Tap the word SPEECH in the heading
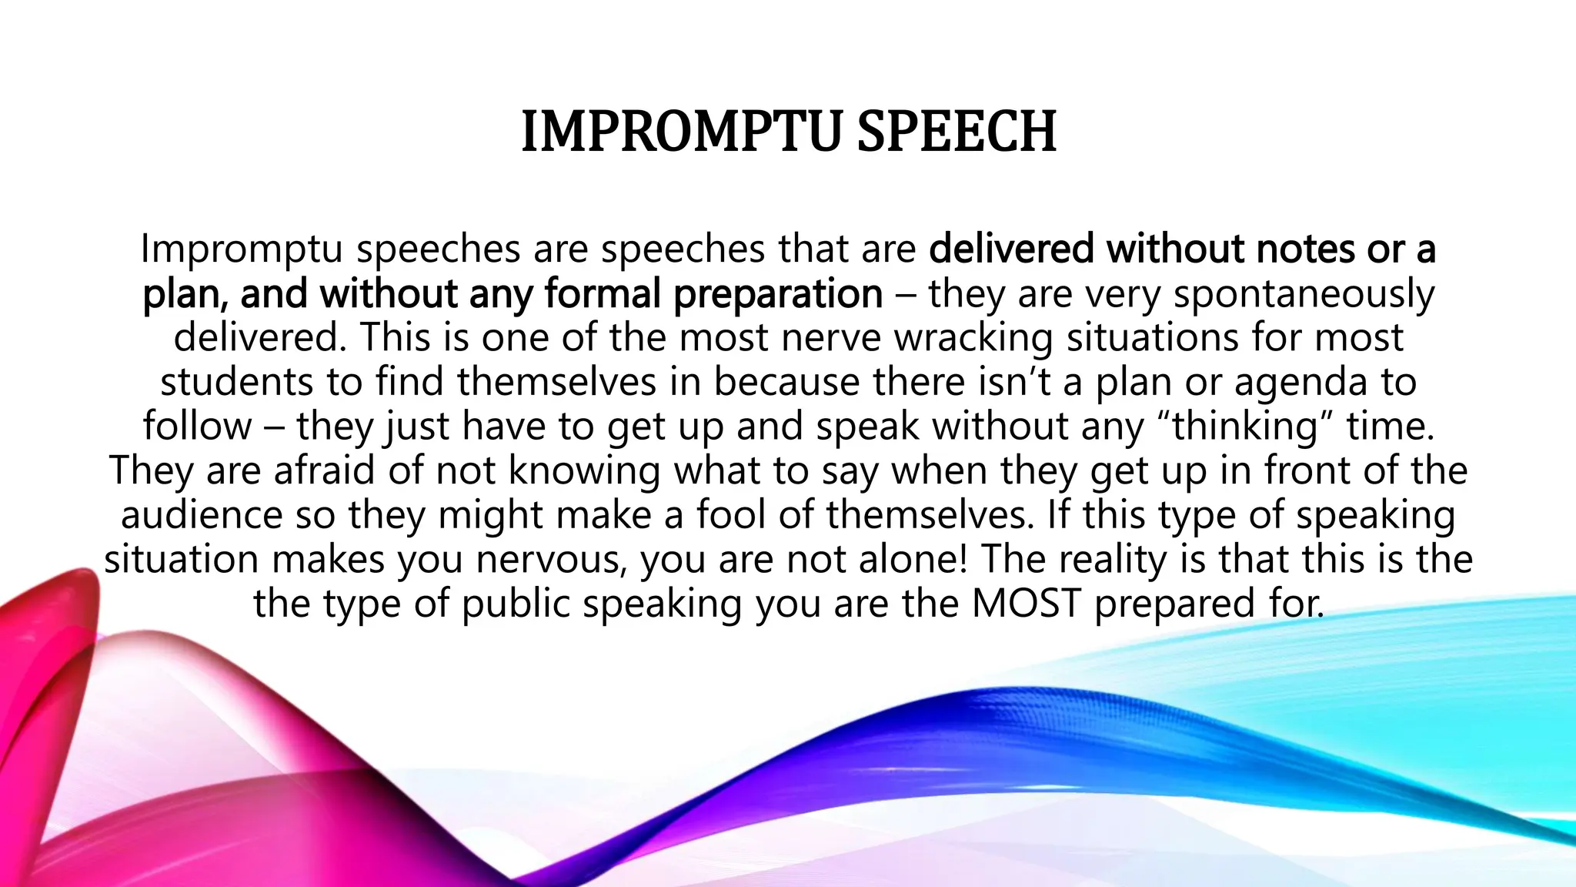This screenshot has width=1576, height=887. pyautogui.click(x=957, y=132)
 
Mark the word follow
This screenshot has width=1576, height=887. pyautogui.click(x=197, y=427)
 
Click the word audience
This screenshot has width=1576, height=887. pyautogui.click(x=202, y=515)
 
